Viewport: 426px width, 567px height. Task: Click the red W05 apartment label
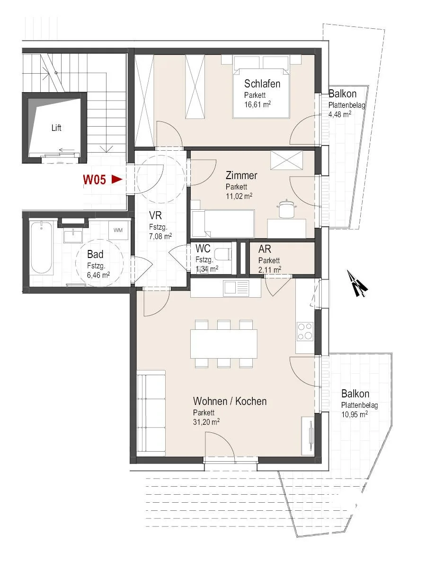[x=94, y=180]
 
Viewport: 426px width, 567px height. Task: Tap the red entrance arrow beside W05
[x=117, y=179]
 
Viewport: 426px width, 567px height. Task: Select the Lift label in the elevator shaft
[x=56, y=128]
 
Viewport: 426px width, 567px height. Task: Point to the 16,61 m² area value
[x=257, y=104]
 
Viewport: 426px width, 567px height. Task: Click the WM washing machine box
[x=118, y=230]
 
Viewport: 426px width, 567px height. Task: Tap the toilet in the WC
[x=223, y=254]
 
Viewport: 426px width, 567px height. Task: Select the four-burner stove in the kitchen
[x=305, y=331]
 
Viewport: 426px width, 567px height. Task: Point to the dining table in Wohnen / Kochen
[x=224, y=344]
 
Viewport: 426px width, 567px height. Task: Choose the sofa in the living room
[x=151, y=413]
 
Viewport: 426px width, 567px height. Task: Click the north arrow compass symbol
[x=357, y=283]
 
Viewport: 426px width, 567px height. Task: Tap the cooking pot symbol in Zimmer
[x=286, y=208]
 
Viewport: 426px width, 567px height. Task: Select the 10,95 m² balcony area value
[x=355, y=414]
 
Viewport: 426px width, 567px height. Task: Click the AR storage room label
[x=265, y=249]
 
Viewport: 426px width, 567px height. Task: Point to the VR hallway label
[x=155, y=215]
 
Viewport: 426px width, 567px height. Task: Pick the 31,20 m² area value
[x=206, y=422]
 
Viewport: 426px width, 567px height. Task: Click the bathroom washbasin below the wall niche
[x=73, y=236]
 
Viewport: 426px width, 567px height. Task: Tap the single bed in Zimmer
[x=223, y=224]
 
